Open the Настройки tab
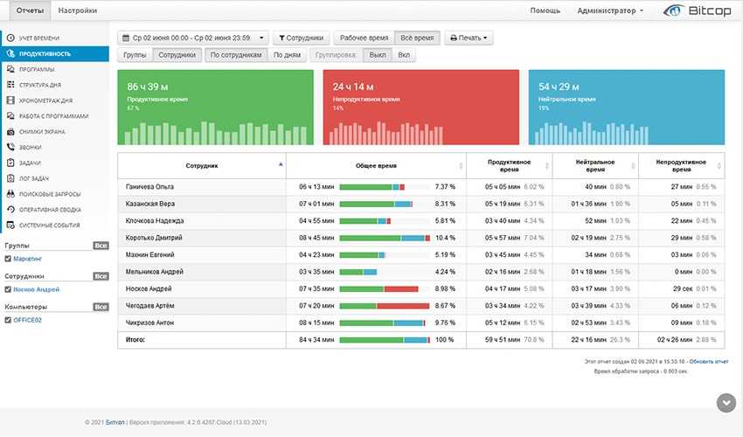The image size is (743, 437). pyautogui.click(x=78, y=10)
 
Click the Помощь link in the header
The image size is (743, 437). pyautogui.click(x=545, y=10)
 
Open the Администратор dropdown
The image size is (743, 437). pyautogui.click(x=610, y=10)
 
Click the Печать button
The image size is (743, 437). pyautogui.click(x=469, y=38)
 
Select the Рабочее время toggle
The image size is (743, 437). pyautogui.click(x=364, y=38)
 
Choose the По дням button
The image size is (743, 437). pyautogui.click(x=287, y=55)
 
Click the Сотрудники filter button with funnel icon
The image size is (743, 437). pyautogui.click(x=302, y=38)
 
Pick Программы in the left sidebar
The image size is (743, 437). pyautogui.click(x=37, y=69)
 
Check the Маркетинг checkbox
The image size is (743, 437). pyautogui.click(x=8, y=259)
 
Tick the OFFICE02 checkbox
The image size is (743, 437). pyautogui.click(x=8, y=320)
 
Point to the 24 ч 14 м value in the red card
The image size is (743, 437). pyautogui.click(x=353, y=87)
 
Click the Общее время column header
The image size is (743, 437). pyautogui.click(x=377, y=164)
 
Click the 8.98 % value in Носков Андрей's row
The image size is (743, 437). pyautogui.click(x=446, y=288)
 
